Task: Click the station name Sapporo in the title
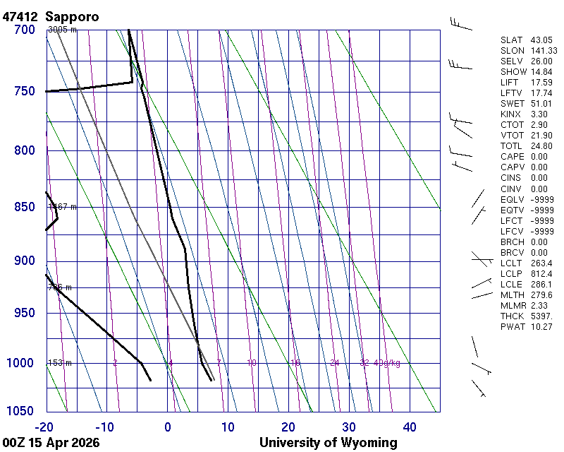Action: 72,16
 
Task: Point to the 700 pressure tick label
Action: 24,30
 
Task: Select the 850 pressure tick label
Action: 24,207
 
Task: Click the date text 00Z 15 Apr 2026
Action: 51,443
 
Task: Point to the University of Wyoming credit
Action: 329,443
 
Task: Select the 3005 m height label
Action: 62,30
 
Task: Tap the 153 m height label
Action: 60,363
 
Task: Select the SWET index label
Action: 511,104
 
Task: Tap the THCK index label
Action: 511,316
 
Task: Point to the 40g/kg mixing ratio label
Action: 387,363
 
